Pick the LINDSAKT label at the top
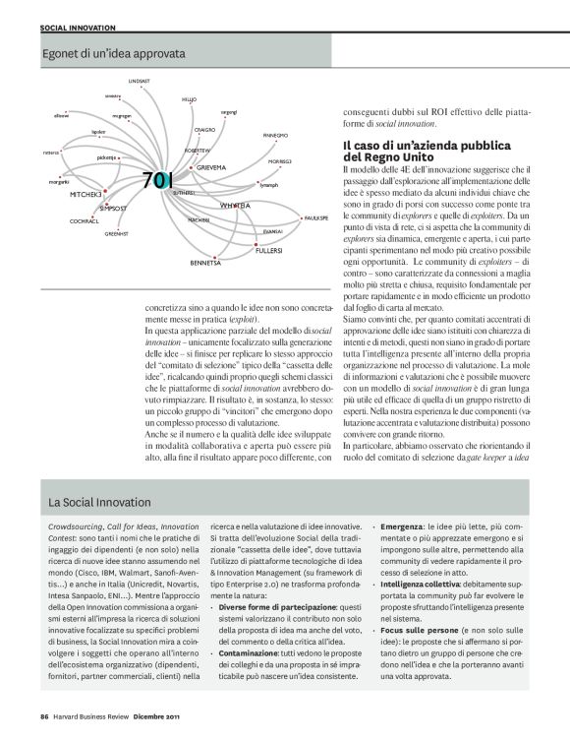(139, 80)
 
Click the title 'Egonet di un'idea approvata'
(114, 44)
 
